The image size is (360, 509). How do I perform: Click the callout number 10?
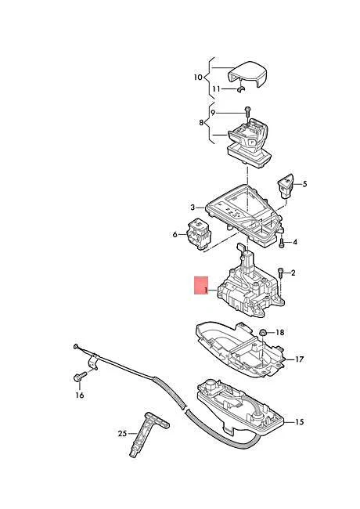point(197,77)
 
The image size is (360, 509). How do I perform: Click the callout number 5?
point(305,185)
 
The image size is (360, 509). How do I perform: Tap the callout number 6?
point(175,233)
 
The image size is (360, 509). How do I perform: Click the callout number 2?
point(293,273)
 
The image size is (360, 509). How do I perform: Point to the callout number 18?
point(280,333)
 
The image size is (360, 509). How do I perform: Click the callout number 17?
point(298,359)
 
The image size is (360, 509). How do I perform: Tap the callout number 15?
point(298,422)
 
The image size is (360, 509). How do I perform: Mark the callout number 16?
point(79,395)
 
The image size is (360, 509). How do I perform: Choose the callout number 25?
point(122,433)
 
